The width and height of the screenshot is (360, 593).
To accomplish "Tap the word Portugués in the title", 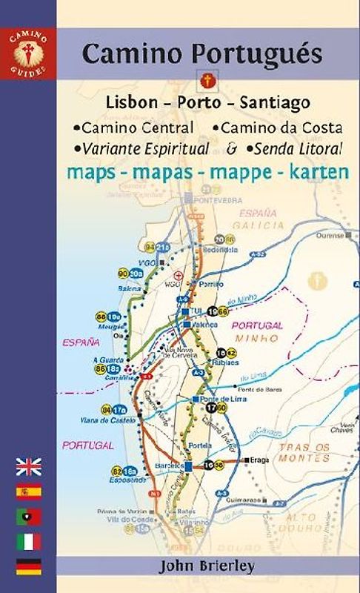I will [x=264, y=55].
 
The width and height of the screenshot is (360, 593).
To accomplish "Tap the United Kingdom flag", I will [x=28, y=466].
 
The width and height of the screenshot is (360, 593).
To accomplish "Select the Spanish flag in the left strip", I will [x=28, y=491].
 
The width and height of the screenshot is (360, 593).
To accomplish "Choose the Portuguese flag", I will [x=28, y=517].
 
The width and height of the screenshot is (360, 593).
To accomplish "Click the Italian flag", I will [x=28, y=542].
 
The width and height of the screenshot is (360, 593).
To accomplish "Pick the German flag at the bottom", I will [x=28, y=567].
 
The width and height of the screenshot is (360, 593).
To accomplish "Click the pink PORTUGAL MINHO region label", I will [x=258, y=331].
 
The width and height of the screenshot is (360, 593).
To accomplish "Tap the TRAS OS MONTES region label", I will [x=304, y=452].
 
